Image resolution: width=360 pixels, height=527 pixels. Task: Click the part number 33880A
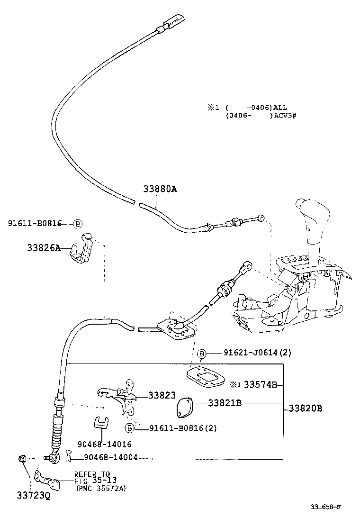(x=160, y=189)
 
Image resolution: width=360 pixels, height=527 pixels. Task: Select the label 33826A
(x=44, y=248)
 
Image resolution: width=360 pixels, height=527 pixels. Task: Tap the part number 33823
(x=162, y=395)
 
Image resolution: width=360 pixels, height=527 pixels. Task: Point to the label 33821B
(x=225, y=403)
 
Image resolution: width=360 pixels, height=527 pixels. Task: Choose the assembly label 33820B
(x=305, y=409)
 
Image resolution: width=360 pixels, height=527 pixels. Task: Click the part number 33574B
(x=260, y=384)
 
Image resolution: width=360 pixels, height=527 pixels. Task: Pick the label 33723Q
(x=34, y=495)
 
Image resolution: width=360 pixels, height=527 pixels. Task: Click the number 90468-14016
(x=104, y=445)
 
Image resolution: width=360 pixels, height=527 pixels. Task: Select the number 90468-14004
(x=111, y=457)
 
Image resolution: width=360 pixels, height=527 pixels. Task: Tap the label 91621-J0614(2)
(x=258, y=353)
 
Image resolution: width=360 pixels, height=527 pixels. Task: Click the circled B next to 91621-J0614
(x=201, y=354)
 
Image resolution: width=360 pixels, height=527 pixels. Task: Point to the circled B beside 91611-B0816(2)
(x=129, y=428)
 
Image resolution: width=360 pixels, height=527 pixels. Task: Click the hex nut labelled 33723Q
(x=23, y=458)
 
